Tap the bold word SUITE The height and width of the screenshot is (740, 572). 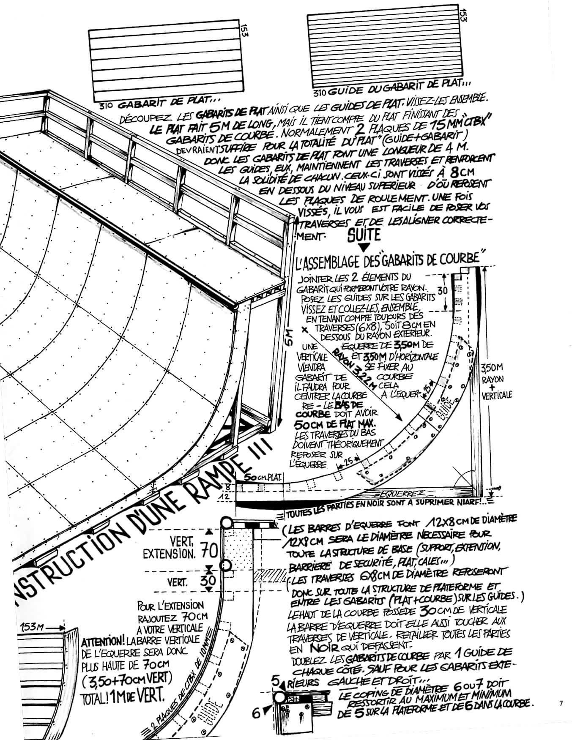(x=364, y=235)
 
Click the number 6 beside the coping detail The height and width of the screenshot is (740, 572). (x=256, y=713)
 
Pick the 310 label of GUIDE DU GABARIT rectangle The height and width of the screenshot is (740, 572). (x=319, y=93)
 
